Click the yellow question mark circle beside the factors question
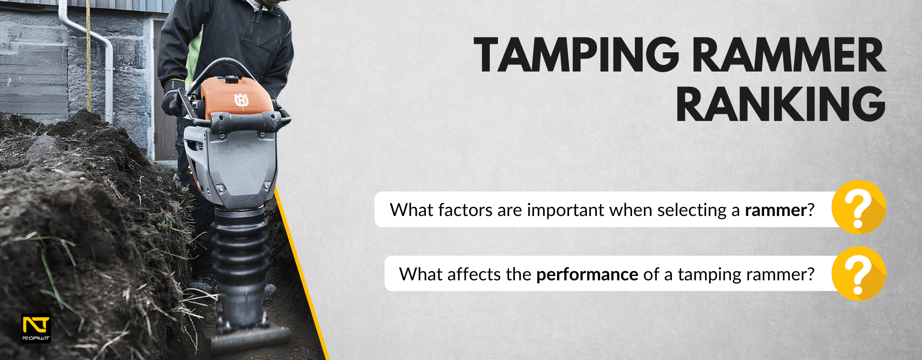[x=859, y=207]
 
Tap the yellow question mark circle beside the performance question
[x=859, y=274]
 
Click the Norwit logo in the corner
[x=36, y=329]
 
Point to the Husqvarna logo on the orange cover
[x=241, y=100]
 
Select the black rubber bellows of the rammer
[x=240, y=259]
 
